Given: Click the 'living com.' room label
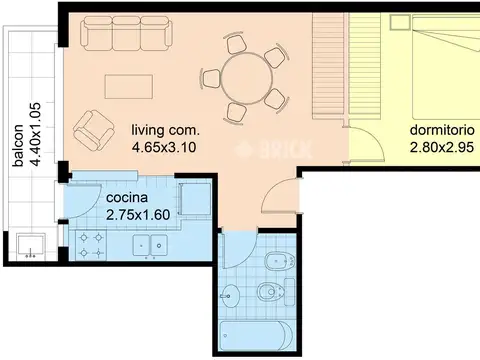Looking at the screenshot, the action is click(x=165, y=130).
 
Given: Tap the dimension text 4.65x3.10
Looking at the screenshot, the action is click(x=164, y=147).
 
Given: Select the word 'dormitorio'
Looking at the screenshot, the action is click(x=442, y=130).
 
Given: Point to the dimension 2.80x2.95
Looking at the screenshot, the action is click(x=442, y=147).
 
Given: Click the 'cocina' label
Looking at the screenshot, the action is click(x=127, y=198).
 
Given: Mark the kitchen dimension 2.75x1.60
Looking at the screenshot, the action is click(x=138, y=215).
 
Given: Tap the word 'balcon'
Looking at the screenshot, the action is click(x=18, y=145).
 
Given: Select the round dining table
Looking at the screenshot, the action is click(x=247, y=79).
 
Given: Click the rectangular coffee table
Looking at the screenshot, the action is click(x=129, y=87).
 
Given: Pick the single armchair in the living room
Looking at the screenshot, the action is click(x=94, y=130).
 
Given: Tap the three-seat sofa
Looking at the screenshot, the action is click(x=127, y=33).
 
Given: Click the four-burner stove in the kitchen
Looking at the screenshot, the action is click(x=91, y=245).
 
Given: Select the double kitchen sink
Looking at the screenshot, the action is click(x=150, y=246).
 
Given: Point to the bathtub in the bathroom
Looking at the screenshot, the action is click(x=257, y=335).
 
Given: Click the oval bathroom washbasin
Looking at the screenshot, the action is click(x=230, y=296).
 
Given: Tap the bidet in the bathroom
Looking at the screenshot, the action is click(x=279, y=261).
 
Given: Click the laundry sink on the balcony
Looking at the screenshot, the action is click(x=31, y=246).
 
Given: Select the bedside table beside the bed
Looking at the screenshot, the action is click(x=400, y=23).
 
